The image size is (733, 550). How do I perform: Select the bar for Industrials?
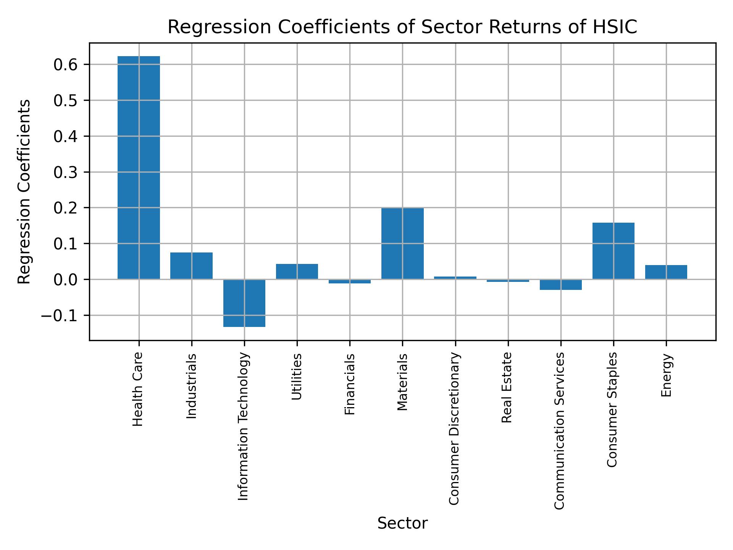click(x=191, y=266)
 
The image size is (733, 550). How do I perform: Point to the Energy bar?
click(x=666, y=272)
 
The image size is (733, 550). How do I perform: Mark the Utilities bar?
click(x=297, y=272)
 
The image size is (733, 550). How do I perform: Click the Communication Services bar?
click(x=560, y=285)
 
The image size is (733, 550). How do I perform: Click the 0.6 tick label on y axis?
click(x=66, y=65)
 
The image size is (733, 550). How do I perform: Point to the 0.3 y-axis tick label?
click(x=66, y=172)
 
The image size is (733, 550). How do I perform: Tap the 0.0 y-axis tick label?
click(x=66, y=280)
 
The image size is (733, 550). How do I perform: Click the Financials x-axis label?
click(x=350, y=384)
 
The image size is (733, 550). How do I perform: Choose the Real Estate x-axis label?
click(x=507, y=387)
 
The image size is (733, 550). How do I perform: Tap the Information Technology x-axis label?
click(x=244, y=426)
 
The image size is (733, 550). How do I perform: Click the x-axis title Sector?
click(x=402, y=523)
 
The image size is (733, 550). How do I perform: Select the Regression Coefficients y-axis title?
click(x=24, y=192)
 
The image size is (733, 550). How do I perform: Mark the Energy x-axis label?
click(x=666, y=375)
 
